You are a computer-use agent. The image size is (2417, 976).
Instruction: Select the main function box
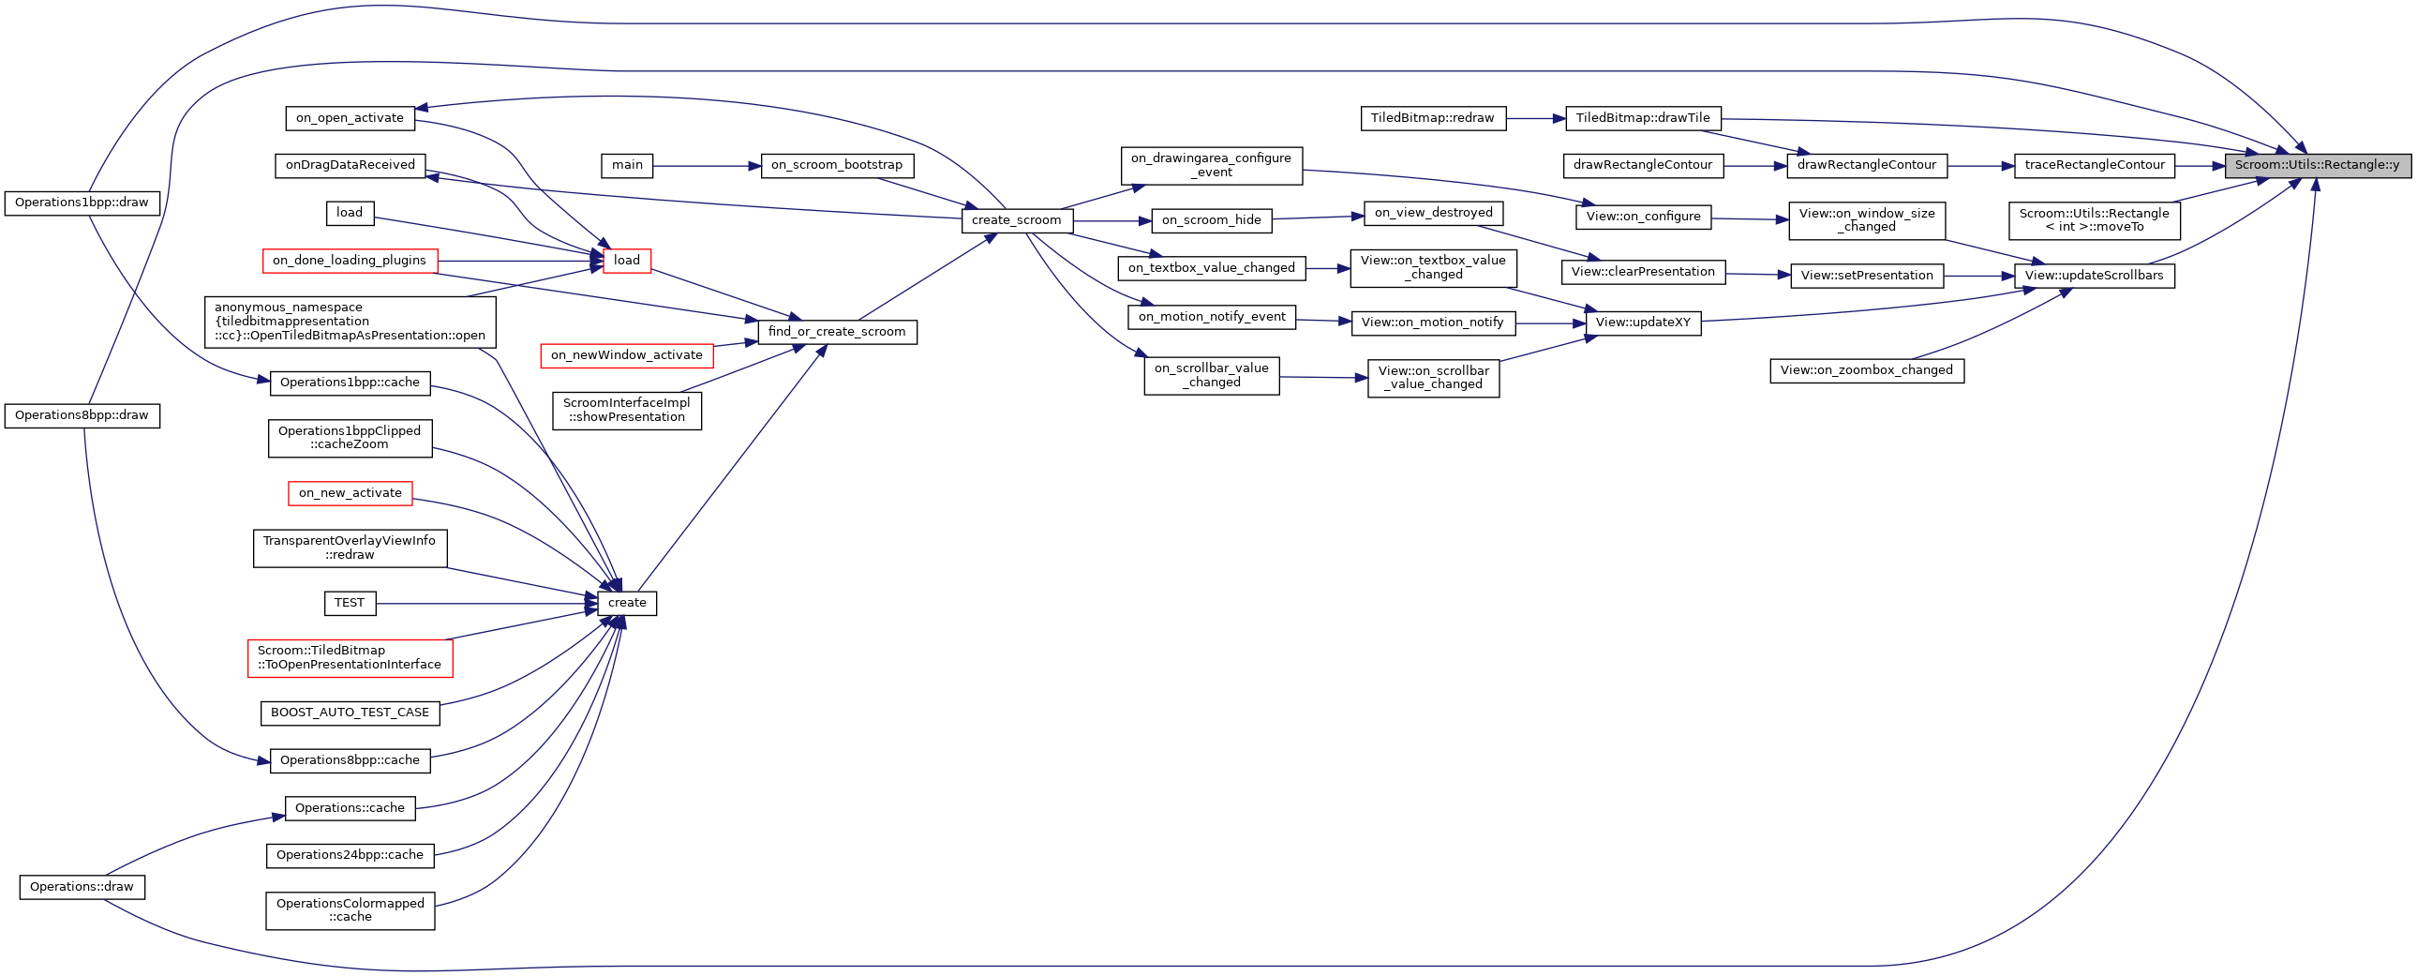click(627, 165)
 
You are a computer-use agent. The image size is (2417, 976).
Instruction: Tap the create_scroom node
click(1016, 220)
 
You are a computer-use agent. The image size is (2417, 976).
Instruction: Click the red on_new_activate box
click(350, 493)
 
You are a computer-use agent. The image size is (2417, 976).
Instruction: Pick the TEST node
click(350, 604)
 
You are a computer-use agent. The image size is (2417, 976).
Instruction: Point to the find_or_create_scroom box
click(837, 332)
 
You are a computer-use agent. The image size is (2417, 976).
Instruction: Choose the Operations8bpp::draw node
click(82, 415)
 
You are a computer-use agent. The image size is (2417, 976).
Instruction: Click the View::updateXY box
click(1643, 323)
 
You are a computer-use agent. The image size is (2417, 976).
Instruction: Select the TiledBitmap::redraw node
click(1432, 118)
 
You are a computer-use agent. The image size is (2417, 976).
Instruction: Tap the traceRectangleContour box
click(2095, 165)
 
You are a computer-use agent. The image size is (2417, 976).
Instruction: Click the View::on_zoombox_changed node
click(1866, 370)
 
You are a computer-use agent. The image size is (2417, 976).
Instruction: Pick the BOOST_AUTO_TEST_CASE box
click(350, 713)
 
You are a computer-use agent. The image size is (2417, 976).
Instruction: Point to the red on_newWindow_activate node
click(627, 355)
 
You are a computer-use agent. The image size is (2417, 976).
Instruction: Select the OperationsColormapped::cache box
click(350, 910)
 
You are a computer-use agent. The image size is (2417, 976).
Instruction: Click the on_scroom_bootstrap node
click(837, 165)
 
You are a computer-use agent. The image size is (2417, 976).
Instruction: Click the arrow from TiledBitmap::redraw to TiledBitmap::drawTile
click(1536, 119)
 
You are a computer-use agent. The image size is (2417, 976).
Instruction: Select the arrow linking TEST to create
click(487, 604)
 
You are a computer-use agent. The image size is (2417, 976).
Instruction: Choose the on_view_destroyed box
click(1433, 213)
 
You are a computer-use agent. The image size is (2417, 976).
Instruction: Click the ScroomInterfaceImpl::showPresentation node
click(627, 410)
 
